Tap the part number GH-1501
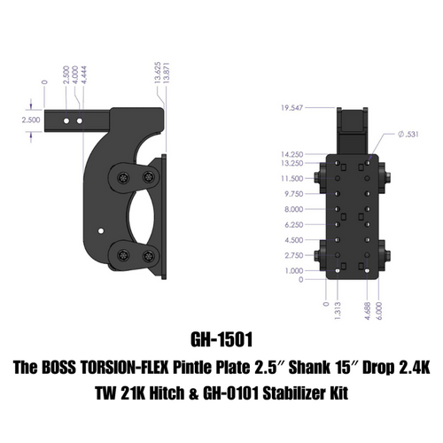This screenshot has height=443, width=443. [221, 339]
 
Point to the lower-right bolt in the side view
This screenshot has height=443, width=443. [144, 258]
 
